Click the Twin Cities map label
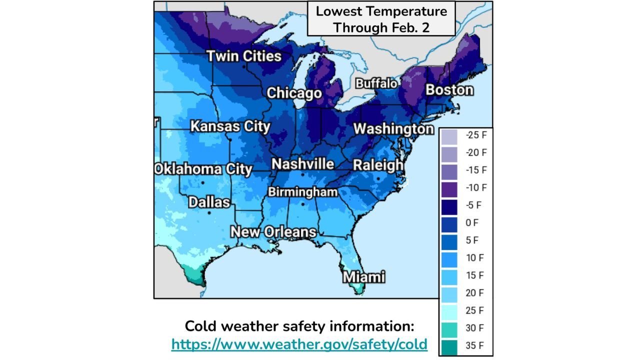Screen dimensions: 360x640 point(244,56)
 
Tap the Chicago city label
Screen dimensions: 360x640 point(294,93)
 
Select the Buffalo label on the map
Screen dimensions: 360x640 point(376,83)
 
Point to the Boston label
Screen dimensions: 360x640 point(449,90)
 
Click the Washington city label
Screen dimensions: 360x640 point(393,128)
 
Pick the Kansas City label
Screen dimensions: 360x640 point(230,126)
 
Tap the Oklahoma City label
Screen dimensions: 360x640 point(203,169)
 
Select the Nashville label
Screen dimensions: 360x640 point(302,164)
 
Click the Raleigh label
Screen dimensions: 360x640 point(378,165)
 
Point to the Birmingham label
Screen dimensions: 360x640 point(302,192)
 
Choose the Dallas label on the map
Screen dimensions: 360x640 point(209,202)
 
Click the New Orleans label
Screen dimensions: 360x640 point(273,232)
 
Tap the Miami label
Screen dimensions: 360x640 point(364,276)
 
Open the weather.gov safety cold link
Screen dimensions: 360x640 point(299,344)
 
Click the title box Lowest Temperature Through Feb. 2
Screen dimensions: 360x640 point(381,19)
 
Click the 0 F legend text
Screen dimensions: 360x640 point(472,223)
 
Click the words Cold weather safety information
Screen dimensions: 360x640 point(299,326)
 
